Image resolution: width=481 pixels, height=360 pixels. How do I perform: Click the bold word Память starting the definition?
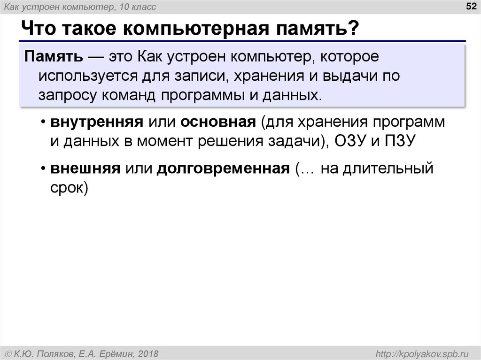coord(54,58)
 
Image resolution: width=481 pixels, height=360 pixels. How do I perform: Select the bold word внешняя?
coord(85,168)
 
